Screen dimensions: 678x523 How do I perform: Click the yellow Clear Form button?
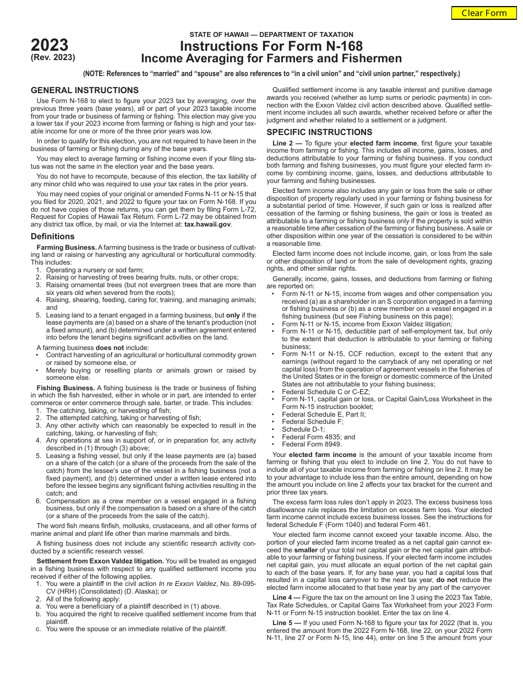click(x=484, y=13)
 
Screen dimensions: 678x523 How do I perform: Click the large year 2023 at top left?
click(x=50, y=45)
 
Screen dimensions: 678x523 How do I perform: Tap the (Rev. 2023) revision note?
click(x=53, y=57)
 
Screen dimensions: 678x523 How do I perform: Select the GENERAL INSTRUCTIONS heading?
click(x=84, y=90)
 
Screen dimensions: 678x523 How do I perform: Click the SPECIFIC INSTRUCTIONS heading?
click(x=319, y=132)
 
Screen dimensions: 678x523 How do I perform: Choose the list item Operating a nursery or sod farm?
click(x=95, y=270)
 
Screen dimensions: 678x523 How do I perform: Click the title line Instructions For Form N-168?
click(x=271, y=46)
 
